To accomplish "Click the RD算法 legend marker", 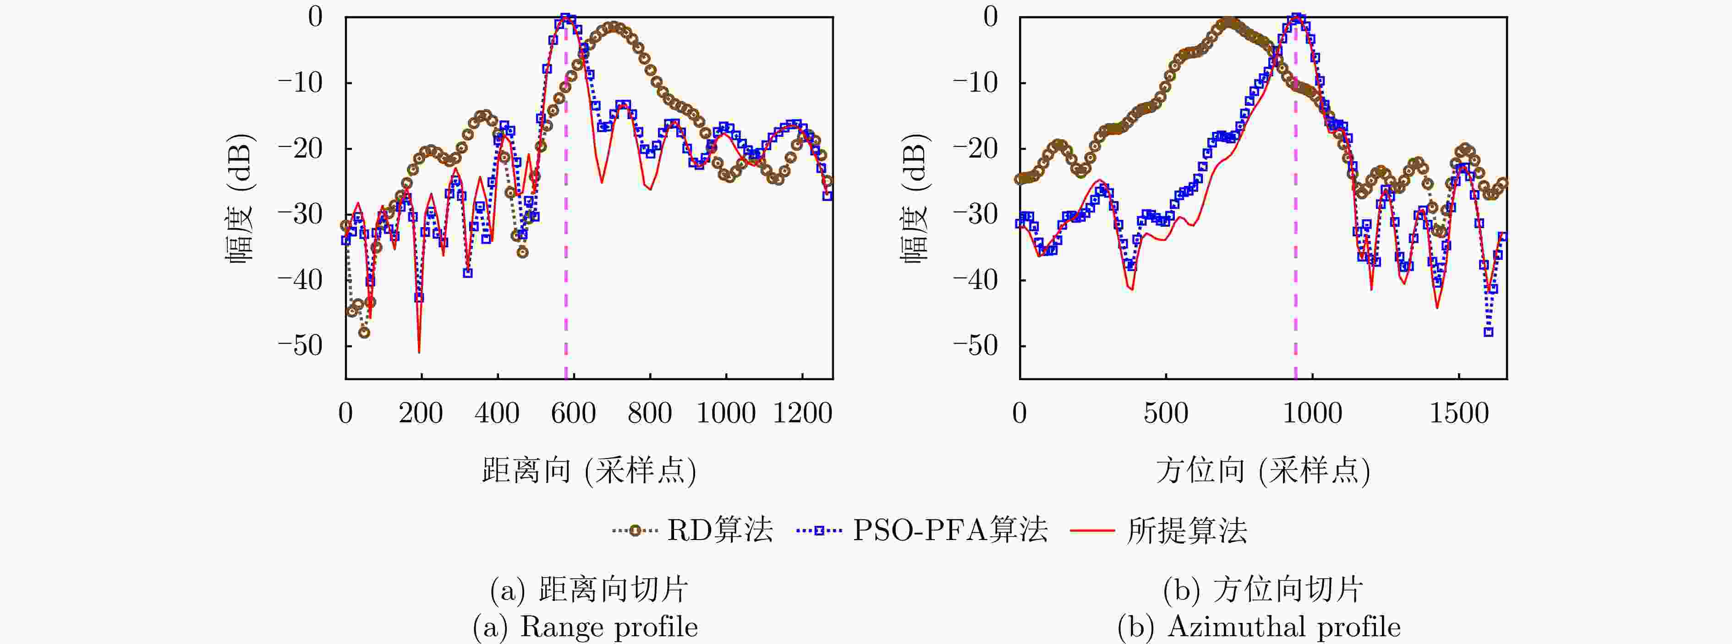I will coord(634,530).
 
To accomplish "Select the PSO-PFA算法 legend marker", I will coord(819,530).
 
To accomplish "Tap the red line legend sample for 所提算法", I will coord(1092,530).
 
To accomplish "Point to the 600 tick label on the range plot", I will coord(573,413).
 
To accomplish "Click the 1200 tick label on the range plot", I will coord(802,413).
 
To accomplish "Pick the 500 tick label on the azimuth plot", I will coord(1165,413).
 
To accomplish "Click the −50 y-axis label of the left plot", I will coord(301,345).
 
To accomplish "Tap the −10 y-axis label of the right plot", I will coord(975,83).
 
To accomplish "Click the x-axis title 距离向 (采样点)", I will coord(589,470).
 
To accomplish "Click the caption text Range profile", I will coord(608,627).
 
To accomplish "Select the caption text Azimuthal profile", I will coord(1284,627).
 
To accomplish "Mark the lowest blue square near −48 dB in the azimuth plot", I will coord(1489,332).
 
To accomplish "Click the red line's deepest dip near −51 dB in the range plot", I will coord(419,351).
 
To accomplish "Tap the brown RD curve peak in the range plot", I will coord(613,27).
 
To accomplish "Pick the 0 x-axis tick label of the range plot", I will coord(345,413).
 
